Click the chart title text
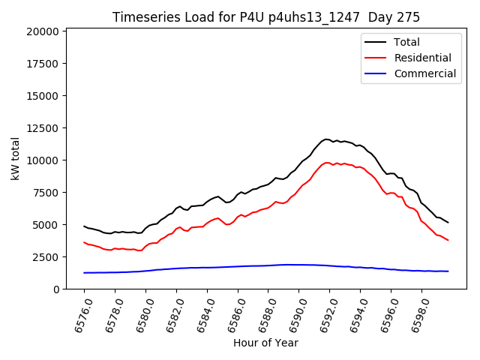coord(266,16)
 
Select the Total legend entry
coord(406,42)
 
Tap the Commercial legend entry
coord(424,73)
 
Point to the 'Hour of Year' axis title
coord(265,343)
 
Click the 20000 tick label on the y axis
coord(42,31)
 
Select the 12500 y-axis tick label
coord(42,128)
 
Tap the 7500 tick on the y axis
coord(45,193)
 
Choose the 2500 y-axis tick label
coord(45,257)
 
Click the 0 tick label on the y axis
coord(56,289)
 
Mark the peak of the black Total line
coord(326,139)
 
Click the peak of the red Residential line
coord(327,162)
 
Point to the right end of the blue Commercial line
coord(448,271)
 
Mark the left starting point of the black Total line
coord(84,226)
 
